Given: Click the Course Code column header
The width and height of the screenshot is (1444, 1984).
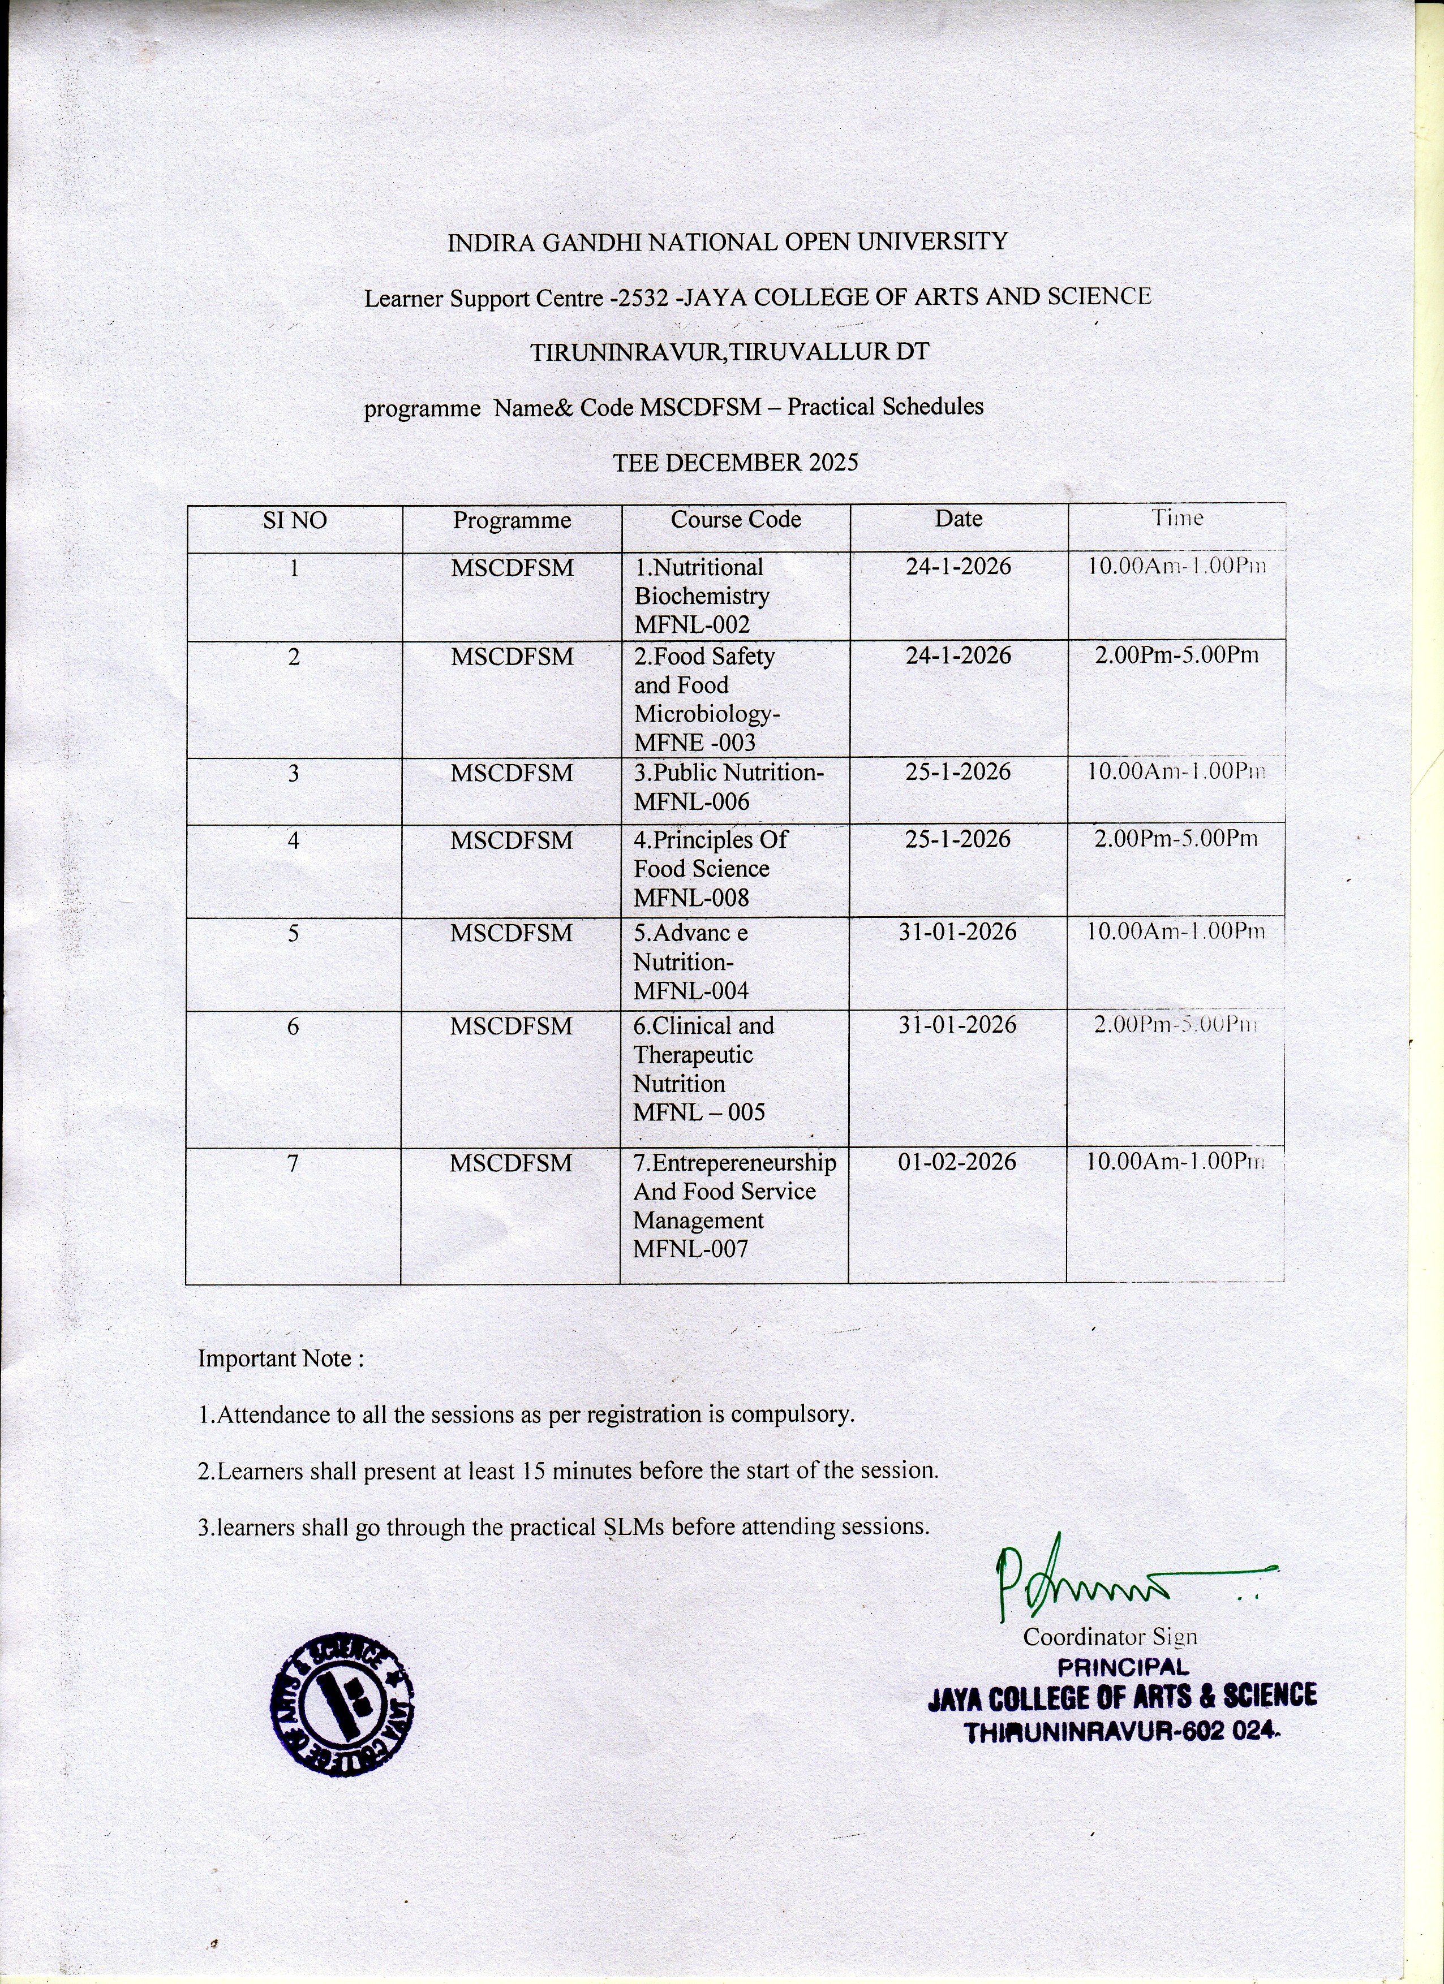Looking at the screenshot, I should tap(735, 520).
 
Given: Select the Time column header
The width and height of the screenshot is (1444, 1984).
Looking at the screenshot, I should tap(1177, 518).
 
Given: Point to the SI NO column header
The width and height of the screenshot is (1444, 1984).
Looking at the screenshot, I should tap(295, 521).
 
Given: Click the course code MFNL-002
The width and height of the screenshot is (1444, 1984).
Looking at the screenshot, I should tap(691, 624).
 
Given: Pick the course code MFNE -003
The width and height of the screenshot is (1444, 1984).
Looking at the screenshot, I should tap(694, 743).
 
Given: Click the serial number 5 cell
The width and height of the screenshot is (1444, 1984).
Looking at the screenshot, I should tap(293, 933).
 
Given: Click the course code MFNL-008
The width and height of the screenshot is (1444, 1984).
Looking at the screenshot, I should tap(691, 898).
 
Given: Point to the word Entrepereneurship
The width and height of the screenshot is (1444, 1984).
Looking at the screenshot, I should tap(744, 1163).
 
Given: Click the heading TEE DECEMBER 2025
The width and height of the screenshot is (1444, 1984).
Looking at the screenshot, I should tap(735, 463).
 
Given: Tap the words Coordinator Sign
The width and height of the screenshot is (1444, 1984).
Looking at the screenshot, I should tap(1110, 1637).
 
